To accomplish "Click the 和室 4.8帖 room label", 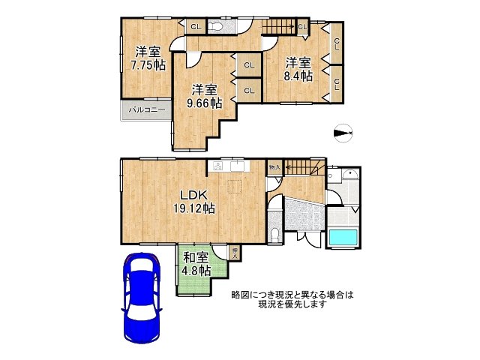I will click(x=196, y=264).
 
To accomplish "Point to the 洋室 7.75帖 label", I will click(x=148, y=58).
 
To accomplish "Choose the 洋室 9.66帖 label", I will click(x=203, y=94).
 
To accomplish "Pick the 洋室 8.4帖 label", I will click(x=298, y=69).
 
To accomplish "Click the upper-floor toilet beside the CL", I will click(x=217, y=27).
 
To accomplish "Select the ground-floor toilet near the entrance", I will click(x=275, y=233).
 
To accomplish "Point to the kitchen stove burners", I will click(x=218, y=166).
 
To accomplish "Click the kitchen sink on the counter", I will click(x=238, y=165).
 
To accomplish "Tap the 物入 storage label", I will click(x=274, y=167).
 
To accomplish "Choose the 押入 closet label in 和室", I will click(x=235, y=253).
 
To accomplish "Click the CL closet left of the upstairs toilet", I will click(x=195, y=27).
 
